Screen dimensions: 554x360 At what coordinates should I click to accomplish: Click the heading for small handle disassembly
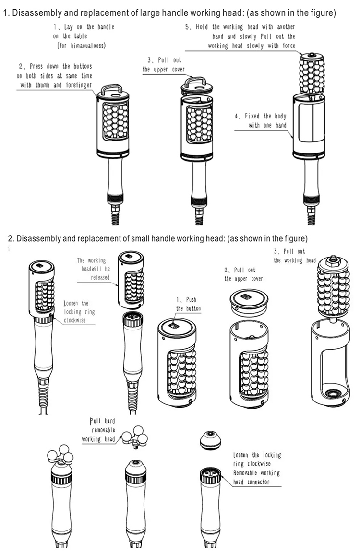[x=158, y=238]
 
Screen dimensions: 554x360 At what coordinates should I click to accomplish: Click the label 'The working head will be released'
[x=93, y=269]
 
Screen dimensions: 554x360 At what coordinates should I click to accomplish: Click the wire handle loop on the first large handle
[x=113, y=89]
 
